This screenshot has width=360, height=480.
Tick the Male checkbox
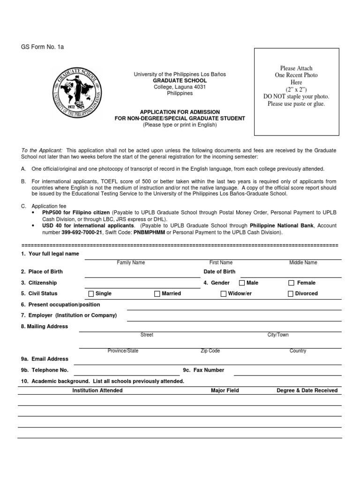(242, 283)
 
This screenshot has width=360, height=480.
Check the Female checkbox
(291, 283)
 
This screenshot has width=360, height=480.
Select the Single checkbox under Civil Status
(91, 294)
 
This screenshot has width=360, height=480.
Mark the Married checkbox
(157, 294)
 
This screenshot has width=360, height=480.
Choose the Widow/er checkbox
(224, 294)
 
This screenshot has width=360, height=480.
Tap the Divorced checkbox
(291, 294)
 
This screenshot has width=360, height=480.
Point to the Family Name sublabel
(131, 263)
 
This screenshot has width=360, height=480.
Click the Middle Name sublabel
(303, 263)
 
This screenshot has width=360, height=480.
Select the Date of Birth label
(219, 272)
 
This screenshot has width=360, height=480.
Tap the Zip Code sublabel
(210, 351)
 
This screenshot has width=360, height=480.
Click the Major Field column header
(225, 390)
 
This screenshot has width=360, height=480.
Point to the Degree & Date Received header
(307, 390)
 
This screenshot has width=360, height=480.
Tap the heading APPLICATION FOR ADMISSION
(180, 112)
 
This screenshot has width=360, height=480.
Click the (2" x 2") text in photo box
(296, 89)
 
